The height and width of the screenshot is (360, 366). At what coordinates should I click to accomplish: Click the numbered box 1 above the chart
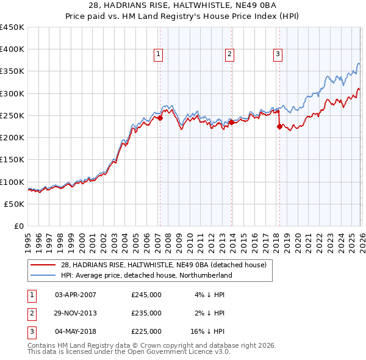[x=159, y=54]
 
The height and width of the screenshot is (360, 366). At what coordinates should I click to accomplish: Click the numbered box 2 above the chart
[x=230, y=54]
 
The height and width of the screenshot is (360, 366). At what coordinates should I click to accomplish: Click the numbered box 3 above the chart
[x=278, y=54]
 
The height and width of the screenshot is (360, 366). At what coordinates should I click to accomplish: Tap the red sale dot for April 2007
[x=160, y=118]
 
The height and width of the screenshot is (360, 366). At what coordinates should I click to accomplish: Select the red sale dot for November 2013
[x=232, y=123]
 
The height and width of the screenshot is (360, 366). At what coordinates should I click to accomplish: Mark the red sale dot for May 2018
[x=279, y=127]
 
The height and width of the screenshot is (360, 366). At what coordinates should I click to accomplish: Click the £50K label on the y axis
[x=14, y=204]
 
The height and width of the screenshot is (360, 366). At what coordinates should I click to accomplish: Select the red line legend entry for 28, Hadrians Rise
[x=163, y=265]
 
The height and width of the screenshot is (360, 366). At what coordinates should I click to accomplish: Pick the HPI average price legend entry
[x=146, y=276]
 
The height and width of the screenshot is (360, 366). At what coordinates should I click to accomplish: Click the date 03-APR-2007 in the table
[x=76, y=295]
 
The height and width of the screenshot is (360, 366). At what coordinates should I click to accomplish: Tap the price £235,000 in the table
[x=146, y=313]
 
